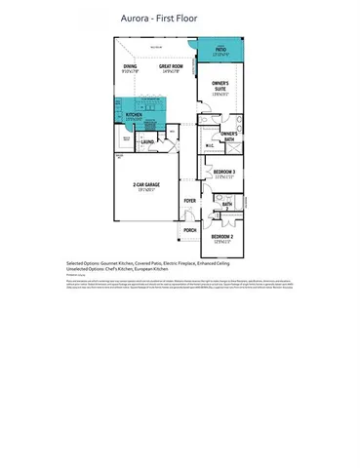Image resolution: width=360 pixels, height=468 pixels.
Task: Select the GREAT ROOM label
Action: point(173,65)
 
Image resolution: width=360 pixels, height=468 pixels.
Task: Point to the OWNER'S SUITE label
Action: point(219,87)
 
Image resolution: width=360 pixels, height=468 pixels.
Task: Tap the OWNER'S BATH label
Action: point(229,134)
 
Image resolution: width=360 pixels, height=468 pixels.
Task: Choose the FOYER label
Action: point(189,201)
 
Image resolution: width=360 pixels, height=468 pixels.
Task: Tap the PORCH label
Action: point(190,231)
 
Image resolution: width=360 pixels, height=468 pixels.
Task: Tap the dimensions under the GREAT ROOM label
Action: point(173,71)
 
